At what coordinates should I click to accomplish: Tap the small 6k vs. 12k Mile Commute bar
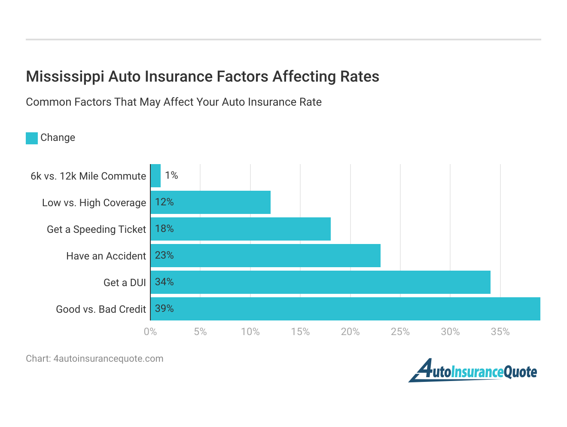(156, 176)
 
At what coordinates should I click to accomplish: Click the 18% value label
(165, 229)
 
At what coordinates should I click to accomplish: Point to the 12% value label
(165, 202)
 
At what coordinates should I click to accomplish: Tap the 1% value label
(171, 175)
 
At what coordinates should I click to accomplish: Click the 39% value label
(165, 308)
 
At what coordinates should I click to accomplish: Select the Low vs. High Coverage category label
(94, 203)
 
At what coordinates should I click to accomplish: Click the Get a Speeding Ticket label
(96, 229)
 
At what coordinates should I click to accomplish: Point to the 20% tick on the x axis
(350, 332)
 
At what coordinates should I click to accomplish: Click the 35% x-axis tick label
(500, 332)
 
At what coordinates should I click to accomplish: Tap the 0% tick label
(150, 332)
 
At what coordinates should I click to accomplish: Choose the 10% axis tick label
(250, 332)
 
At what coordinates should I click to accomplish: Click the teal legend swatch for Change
(32, 138)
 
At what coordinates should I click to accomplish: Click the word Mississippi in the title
(65, 76)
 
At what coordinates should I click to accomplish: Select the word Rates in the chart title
(360, 76)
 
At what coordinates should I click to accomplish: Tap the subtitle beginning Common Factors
(174, 102)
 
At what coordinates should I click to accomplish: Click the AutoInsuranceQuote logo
(473, 371)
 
